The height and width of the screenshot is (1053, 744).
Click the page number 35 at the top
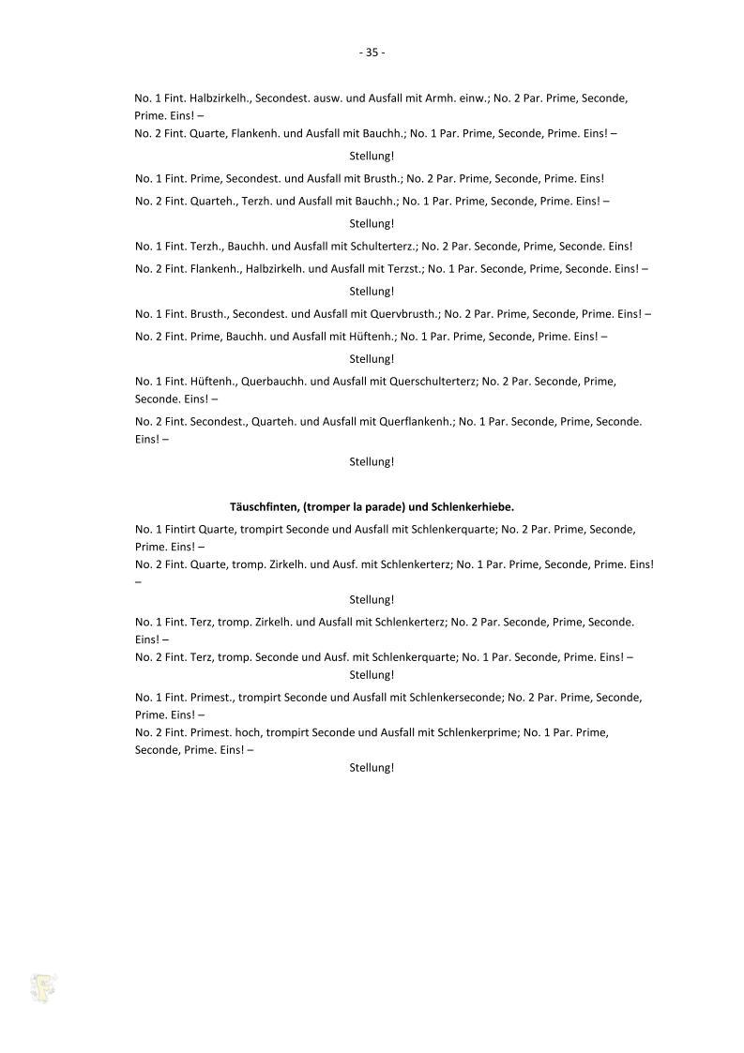[372, 53]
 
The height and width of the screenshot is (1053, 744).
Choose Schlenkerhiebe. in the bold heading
[474, 506]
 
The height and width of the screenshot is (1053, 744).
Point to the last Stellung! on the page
[372, 768]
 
